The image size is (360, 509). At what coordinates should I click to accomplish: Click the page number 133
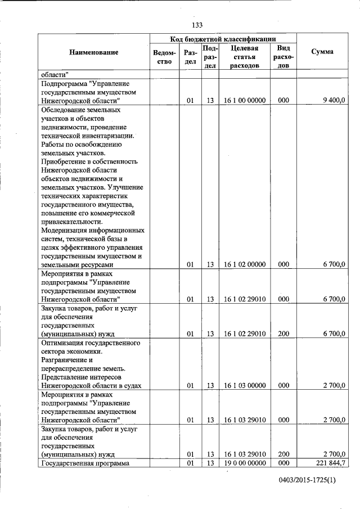[197, 25]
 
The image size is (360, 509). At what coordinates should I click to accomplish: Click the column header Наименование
[94, 52]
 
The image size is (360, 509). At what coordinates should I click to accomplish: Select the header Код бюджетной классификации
[223, 39]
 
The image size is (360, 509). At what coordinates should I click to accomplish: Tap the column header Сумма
[322, 52]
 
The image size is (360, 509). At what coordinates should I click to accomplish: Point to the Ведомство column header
[164, 57]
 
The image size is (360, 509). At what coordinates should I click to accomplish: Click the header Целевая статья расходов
[244, 57]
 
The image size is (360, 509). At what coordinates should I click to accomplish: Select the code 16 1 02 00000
[244, 264]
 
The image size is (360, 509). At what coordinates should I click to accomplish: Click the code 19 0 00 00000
[244, 463]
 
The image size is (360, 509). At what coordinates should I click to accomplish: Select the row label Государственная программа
[82, 463]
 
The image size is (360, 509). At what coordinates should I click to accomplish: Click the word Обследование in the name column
[63, 110]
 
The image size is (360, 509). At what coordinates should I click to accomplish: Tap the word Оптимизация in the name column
[62, 343]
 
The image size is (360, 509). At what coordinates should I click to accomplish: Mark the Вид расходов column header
[283, 57]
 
